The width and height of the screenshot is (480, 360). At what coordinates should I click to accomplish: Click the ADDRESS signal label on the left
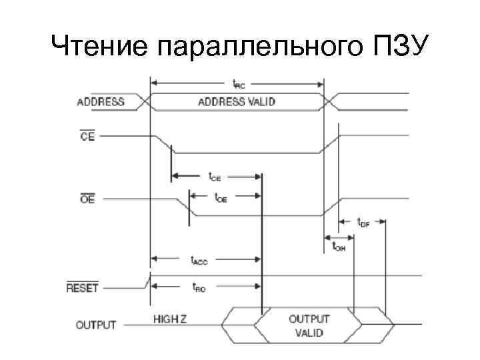(x=101, y=102)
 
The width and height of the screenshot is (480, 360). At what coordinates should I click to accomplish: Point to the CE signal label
(x=87, y=136)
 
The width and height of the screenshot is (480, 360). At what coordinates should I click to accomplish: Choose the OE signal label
(x=87, y=199)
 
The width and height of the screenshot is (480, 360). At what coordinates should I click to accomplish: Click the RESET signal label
(x=83, y=288)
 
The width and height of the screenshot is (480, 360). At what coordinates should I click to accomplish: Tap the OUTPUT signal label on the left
(x=96, y=325)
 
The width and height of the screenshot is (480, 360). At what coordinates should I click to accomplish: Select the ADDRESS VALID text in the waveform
(x=237, y=102)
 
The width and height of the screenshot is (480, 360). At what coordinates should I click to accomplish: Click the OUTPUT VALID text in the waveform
(x=306, y=325)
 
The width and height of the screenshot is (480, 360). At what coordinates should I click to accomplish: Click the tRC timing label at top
(x=238, y=83)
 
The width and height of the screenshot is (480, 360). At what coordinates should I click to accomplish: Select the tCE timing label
(x=215, y=177)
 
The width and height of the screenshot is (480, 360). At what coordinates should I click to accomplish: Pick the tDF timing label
(x=363, y=222)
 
